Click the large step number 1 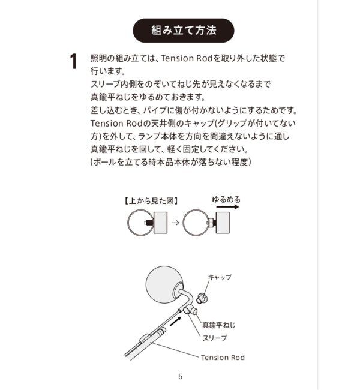coord(73,62)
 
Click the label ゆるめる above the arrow coord(226,199)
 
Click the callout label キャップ coord(220,277)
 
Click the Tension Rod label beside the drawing coord(223,358)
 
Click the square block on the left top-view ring coord(161,223)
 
